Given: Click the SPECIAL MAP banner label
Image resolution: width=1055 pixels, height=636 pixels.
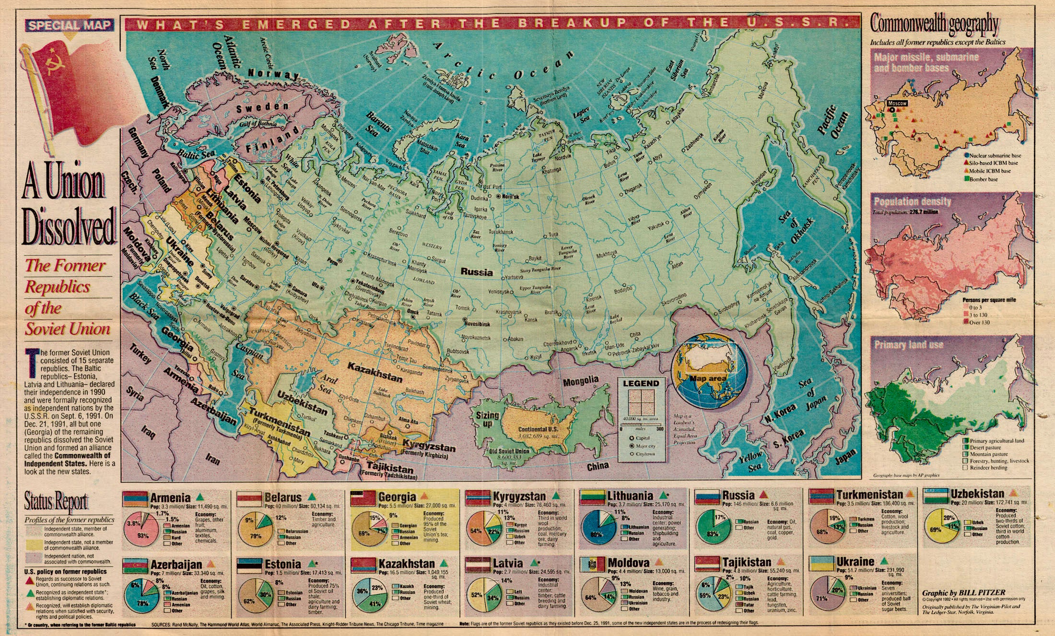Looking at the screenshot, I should point(70,25).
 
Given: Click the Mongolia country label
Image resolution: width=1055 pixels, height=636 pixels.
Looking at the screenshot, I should point(581,381).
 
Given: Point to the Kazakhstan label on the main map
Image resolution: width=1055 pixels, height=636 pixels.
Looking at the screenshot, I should point(375,373).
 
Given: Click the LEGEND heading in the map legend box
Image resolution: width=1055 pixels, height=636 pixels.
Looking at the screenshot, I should point(641,384).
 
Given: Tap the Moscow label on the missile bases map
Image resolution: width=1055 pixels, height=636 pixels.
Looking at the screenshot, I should point(897,103).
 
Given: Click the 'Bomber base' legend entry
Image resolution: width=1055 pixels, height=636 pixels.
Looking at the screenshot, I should point(983,179).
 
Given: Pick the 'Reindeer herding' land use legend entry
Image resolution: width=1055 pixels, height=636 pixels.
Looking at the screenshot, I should point(988,468).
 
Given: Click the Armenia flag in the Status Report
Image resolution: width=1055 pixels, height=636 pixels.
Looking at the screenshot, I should point(135,499).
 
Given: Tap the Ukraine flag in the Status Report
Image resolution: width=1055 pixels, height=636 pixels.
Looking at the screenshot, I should point(821,564).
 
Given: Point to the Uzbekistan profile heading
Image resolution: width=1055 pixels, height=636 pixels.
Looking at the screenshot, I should point(977,494).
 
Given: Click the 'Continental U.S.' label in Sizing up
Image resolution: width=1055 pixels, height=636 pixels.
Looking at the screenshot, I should point(538,429).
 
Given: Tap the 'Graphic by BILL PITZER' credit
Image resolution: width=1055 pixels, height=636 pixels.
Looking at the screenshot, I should point(964,593).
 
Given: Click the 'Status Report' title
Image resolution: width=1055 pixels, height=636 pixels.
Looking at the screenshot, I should point(57,502).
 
